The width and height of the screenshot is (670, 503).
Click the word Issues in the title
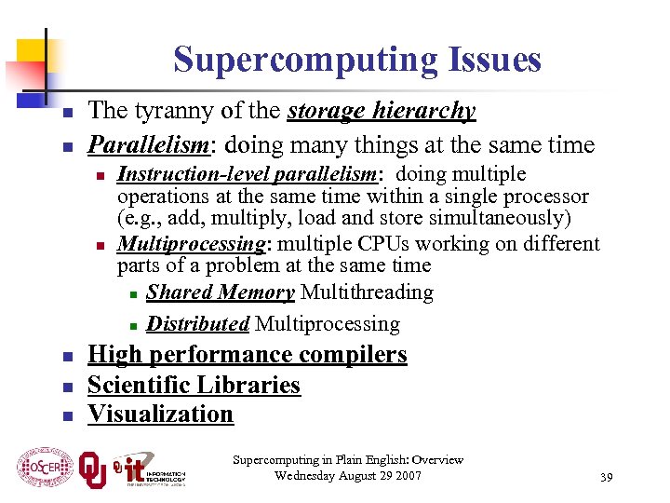pyautogui.click(x=493, y=61)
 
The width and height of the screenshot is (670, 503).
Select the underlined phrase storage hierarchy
pyautogui.click(x=382, y=112)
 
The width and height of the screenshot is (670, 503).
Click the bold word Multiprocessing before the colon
pyautogui.click(x=192, y=244)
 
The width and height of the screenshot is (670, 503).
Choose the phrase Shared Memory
pyautogui.click(x=221, y=292)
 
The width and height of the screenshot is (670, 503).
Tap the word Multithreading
pyautogui.click(x=367, y=292)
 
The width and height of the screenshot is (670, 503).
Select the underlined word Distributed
pyautogui.click(x=197, y=324)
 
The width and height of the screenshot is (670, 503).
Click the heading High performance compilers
pyautogui.click(x=247, y=355)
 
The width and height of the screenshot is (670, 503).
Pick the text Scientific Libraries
pyautogui.click(x=194, y=385)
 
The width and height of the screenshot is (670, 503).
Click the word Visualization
pyautogui.click(x=160, y=414)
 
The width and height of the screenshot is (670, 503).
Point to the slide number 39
pyautogui.click(x=606, y=478)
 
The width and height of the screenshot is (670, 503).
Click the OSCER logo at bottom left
pyautogui.click(x=45, y=468)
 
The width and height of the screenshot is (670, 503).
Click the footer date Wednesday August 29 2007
pyautogui.click(x=348, y=476)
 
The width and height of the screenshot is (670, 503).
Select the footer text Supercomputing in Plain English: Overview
pyautogui.click(x=348, y=460)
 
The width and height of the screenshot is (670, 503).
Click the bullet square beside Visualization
pyautogui.click(x=67, y=415)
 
